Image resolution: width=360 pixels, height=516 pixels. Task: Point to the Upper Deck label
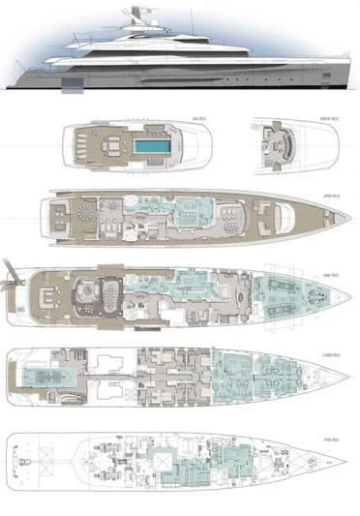tap(329, 195)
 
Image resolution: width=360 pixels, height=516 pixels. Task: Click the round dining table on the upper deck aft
tap(86, 213)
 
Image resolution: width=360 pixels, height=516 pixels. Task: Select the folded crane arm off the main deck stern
tap(11, 271)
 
